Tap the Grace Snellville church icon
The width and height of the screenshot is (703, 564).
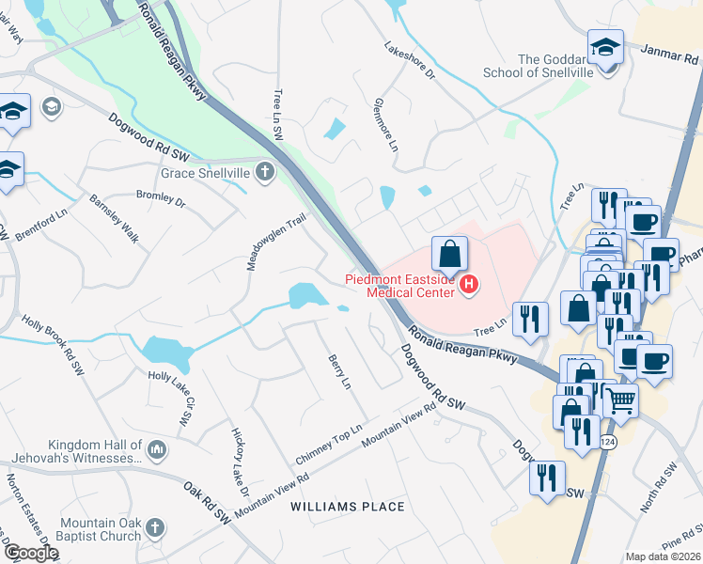(266, 172)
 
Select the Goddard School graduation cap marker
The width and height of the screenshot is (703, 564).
(606, 47)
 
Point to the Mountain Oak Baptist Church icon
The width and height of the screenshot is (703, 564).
(157, 529)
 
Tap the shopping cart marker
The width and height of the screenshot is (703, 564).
(620, 400)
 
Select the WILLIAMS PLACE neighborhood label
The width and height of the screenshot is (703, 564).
(348, 507)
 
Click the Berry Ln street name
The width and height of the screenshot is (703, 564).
(337, 371)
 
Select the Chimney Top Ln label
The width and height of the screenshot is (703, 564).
(329, 445)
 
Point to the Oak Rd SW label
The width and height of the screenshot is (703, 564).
(207, 503)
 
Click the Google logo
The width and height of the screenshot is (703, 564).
(30, 554)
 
